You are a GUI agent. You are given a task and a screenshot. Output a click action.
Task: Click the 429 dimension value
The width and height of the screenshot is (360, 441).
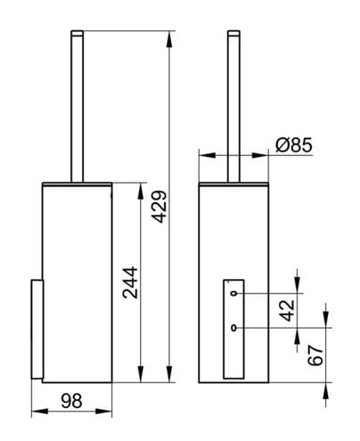click(x=160, y=207)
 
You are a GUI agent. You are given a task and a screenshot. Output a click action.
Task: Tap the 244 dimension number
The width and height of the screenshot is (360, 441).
click(x=130, y=282)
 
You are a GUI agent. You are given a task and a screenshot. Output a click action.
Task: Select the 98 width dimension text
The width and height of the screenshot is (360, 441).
click(x=71, y=401)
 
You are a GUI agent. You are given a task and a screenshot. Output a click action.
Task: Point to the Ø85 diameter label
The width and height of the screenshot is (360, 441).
click(x=294, y=145)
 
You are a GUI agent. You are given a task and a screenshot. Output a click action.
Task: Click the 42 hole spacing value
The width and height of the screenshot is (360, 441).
click(x=288, y=311)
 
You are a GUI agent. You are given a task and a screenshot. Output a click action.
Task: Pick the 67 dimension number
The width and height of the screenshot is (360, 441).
click(x=315, y=355)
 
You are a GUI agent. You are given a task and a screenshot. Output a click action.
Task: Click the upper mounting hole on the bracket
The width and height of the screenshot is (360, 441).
click(x=234, y=293)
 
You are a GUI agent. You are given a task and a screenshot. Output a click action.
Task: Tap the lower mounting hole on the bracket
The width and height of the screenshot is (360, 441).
click(x=234, y=328)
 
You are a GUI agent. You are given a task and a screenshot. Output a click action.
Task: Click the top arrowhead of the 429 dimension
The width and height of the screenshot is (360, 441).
click(x=169, y=39)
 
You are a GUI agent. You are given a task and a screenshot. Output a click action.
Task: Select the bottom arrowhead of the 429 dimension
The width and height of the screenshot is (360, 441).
click(x=169, y=374)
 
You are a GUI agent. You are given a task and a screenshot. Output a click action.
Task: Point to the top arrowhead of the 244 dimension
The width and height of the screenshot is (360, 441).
click(x=141, y=192)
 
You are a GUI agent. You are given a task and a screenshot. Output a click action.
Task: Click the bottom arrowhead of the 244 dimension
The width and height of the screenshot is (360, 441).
click(x=141, y=374)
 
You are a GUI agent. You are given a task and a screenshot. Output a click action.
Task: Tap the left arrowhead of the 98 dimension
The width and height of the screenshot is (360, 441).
click(x=40, y=412)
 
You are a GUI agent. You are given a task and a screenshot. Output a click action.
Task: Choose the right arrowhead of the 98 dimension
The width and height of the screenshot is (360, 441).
click(x=103, y=412)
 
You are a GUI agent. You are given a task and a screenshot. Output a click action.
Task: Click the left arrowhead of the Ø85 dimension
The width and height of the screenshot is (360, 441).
click(x=208, y=155)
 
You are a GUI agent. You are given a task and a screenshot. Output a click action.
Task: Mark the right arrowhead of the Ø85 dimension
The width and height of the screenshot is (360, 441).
click(x=260, y=155)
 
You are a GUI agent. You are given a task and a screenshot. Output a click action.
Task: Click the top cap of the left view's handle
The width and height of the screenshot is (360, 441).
click(x=78, y=33)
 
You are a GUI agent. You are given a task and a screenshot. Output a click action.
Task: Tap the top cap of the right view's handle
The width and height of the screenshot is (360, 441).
click(x=233, y=33)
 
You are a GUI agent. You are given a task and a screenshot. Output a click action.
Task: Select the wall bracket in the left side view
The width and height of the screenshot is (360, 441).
click(x=37, y=329)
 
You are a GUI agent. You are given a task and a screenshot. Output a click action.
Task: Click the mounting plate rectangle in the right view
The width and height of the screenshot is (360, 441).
click(x=233, y=329)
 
